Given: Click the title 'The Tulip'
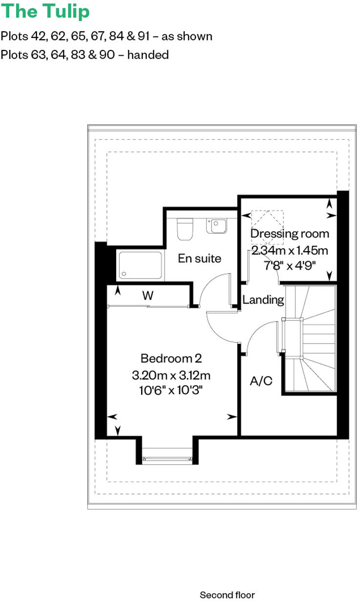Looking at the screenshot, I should point(45,11).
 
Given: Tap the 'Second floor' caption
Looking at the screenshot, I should point(227,595).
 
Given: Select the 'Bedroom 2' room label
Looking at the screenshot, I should point(171,358).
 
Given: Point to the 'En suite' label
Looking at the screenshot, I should point(199,258).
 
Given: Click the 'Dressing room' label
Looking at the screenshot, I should point(290,234).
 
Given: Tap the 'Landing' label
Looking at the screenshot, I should point(263,300).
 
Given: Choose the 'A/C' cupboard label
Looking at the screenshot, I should point(261,381).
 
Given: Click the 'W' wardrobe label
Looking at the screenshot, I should point(148,295).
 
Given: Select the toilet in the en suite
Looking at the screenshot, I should point(186,229).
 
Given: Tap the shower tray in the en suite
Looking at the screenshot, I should point(139,265).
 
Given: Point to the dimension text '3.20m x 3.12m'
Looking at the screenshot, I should point(171,376).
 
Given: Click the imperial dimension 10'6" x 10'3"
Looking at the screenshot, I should point(171,390).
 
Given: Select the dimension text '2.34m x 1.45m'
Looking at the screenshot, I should point(290,251).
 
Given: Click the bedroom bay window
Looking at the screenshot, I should point(166,458).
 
